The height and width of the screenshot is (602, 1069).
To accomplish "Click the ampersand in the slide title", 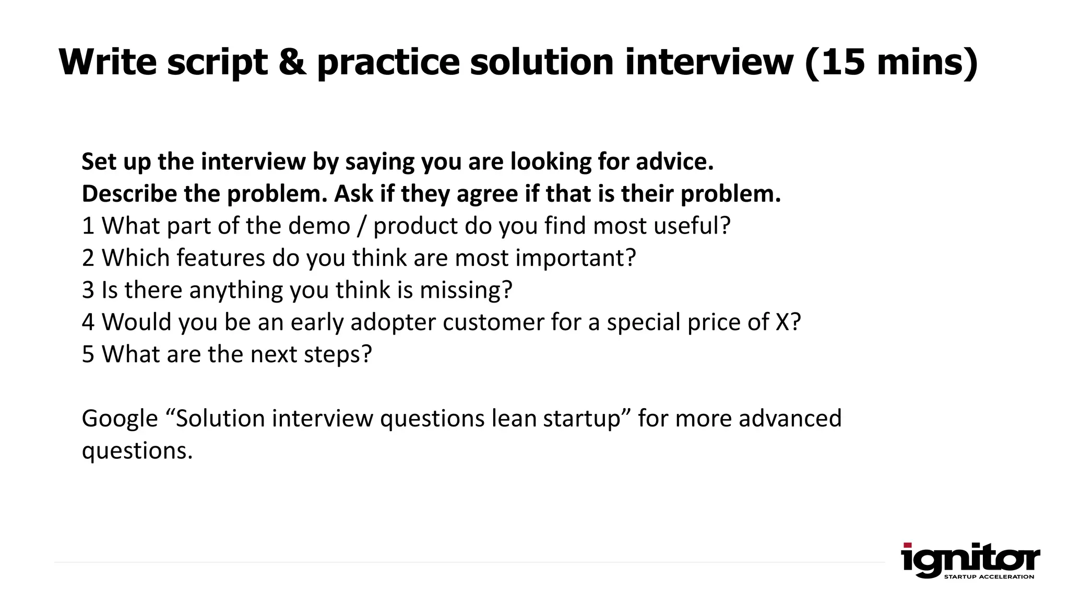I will click(x=292, y=62).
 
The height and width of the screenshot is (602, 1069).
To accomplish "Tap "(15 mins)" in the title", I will click(x=892, y=62).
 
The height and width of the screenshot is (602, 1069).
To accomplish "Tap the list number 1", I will click(x=88, y=226).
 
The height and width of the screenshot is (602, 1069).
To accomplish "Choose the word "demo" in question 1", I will click(x=319, y=226).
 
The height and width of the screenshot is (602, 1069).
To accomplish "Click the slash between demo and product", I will click(x=362, y=226).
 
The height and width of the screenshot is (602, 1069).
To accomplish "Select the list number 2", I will click(x=88, y=258).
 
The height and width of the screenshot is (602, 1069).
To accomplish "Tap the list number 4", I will click(x=88, y=322).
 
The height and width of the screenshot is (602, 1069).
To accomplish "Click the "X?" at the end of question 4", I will click(x=788, y=322).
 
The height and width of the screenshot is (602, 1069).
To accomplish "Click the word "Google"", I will click(x=120, y=419).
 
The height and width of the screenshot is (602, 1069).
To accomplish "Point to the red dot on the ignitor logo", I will click(x=907, y=546).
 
